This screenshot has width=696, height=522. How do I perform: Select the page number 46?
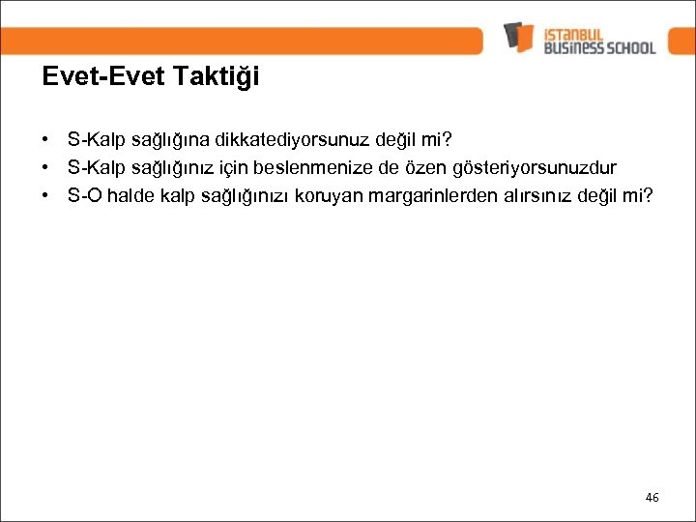tap(652, 497)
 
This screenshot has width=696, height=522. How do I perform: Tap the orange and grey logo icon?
tap(518, 37)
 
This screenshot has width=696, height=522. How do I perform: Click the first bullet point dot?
tap(47, 141)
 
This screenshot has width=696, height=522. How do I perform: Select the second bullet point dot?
tap(47, 169)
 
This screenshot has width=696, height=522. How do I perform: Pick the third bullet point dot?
tap(47, 196)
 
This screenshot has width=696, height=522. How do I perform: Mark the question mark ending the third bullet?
tap(648, 196)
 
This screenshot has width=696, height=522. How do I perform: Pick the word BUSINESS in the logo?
tap(574, 46)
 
